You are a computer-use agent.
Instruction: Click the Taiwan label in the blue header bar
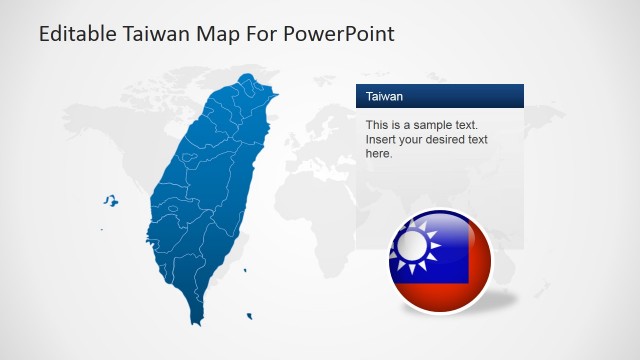[x=385, y=97]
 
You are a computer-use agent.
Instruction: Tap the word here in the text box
[x=379, y=153]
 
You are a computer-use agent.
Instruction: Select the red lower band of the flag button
[x=441, y=293]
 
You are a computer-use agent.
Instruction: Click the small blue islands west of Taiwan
[x=110, y=201]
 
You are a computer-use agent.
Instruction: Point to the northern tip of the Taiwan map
[x=248, y=76]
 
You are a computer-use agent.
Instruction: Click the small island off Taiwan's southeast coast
[x=245, y=269]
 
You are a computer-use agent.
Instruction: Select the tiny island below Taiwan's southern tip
[x=248, y=317]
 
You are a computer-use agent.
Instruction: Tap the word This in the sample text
[x=377, y=125]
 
